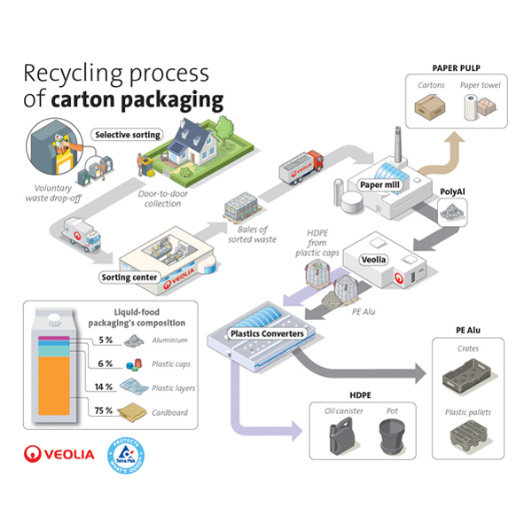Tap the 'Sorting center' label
[129, 278]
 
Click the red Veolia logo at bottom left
[59, 454]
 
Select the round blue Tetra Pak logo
[124, 453]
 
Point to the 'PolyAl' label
[453, 192]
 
